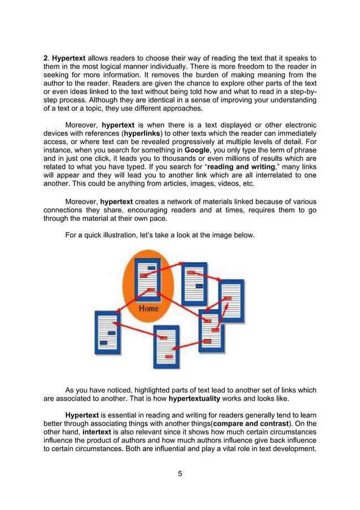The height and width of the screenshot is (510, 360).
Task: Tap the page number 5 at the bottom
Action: tap(179, 473)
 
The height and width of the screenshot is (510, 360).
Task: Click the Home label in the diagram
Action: tap(148, 310)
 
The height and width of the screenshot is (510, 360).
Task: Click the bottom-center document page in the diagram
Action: tap(166, 345)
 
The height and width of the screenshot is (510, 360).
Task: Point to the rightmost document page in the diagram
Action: tap(231, 300)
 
